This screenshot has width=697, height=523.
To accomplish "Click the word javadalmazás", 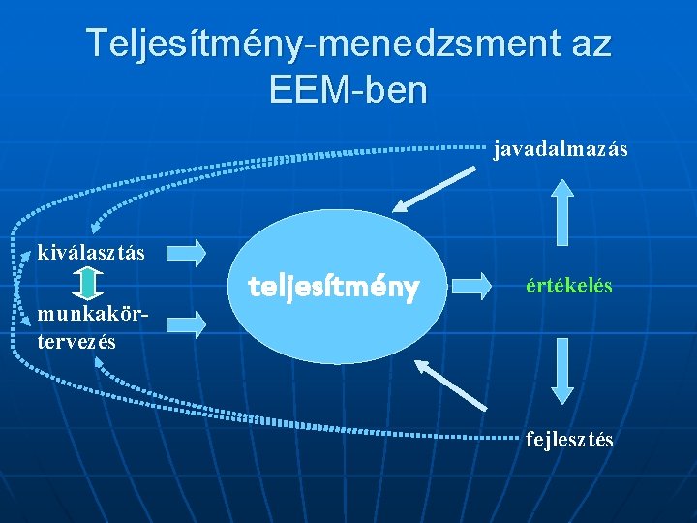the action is tap(561, 149).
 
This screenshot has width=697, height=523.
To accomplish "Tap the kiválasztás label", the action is tap(91, 253).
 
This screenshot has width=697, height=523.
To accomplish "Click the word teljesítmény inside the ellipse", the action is tap(333, 288).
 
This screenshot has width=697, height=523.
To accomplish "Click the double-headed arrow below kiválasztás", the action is tap(87, 284).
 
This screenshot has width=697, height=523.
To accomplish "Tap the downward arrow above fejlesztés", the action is tap(561, 371).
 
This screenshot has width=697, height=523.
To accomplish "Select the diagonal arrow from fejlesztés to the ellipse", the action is tap(450, 384).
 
